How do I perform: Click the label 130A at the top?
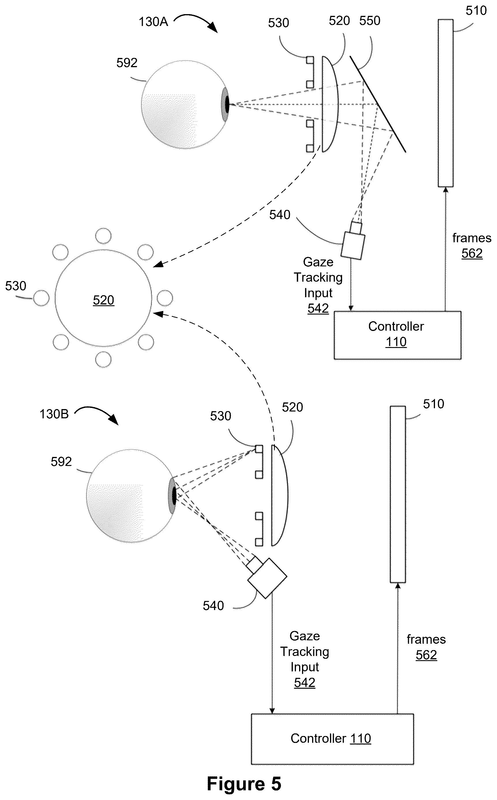153,22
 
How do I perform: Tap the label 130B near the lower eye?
54,414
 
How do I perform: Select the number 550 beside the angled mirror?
370,21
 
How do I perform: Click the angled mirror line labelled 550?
378,104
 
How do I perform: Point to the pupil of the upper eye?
227,104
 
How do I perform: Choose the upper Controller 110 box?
397,335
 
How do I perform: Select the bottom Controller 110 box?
332,739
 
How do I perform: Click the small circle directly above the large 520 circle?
103,236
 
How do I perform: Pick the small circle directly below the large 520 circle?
103,359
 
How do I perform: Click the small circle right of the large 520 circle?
165,298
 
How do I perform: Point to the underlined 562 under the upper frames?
472,253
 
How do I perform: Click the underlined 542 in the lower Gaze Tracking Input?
305,682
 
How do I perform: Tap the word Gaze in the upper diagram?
318,262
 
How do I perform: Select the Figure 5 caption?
244,784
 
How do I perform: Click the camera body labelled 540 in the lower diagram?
267,578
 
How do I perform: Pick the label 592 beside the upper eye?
127,63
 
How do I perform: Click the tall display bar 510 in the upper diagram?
446,103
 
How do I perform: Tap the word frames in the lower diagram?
426,639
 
